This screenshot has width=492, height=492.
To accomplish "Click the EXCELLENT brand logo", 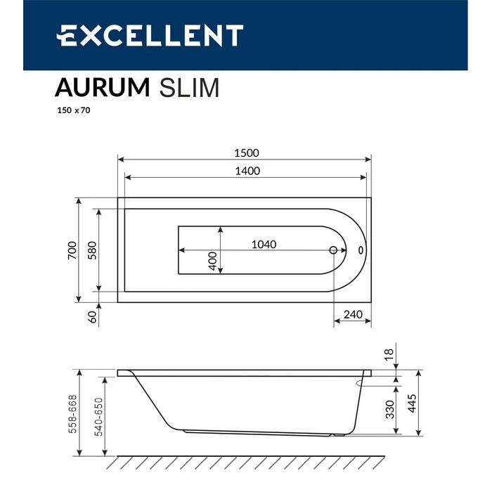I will click(150, 36).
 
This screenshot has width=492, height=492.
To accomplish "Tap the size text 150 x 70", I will click(74, 111).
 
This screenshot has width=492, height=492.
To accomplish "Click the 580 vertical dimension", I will click(91, 250).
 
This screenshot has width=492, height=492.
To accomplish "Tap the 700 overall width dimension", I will click(71, 250).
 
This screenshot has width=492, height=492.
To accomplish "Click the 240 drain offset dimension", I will click(352, 315).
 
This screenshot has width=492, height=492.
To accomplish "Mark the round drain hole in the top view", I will click(334, 250).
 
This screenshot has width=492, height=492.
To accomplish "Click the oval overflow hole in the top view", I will click(361, 250).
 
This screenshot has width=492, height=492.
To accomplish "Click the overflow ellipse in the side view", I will click(368, 383).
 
